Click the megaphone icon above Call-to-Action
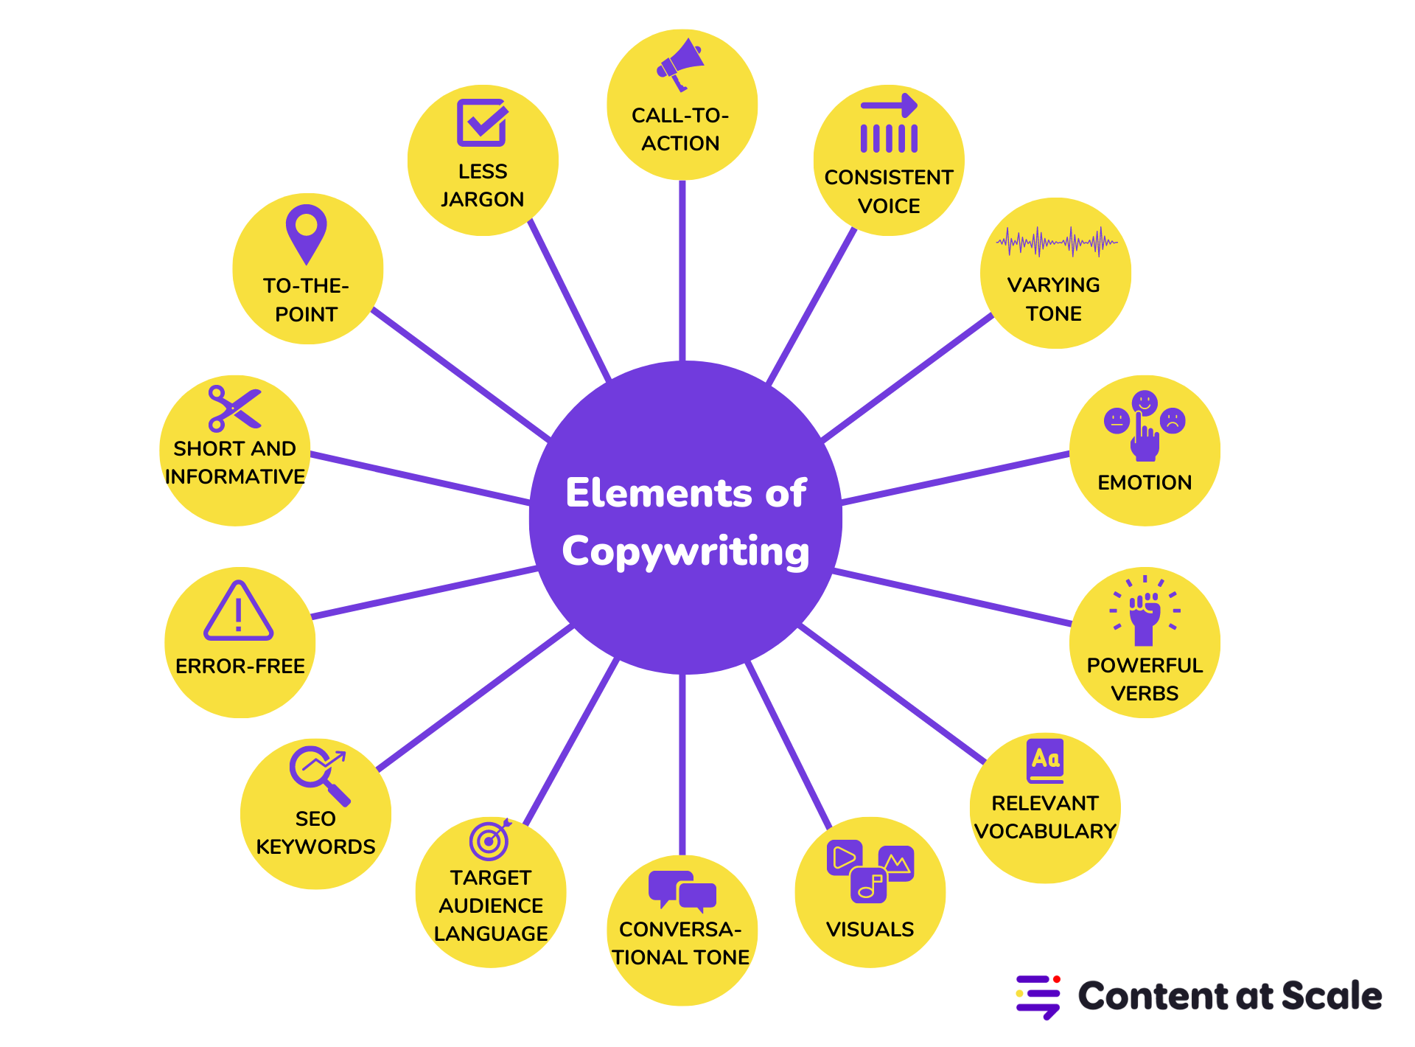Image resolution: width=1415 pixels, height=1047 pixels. tap(679, 65)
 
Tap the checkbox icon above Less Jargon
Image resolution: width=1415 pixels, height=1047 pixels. tap(482, 122)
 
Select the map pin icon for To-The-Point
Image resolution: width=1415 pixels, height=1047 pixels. tap(306, 232)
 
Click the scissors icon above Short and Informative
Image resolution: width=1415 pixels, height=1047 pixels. tap(234, 408)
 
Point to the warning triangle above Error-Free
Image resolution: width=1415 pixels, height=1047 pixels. tap(238, 612)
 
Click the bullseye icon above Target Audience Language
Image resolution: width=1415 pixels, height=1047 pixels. tap(489, 840)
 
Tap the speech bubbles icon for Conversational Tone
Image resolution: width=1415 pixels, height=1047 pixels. tap(682, 891)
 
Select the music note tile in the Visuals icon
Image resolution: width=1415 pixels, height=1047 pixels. tap(869, 885)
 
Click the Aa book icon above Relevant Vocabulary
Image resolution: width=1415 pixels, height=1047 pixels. tap(1045, 760)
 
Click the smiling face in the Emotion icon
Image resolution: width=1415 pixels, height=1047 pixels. tap(1145, 403)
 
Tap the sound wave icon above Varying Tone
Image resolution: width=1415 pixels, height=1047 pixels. tap(1056, 242)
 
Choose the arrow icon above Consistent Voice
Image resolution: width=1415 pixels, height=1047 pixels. tap(889, 105)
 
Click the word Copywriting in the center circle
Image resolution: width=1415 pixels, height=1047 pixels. tap(685, 552)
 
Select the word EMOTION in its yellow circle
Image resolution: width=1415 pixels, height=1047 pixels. tap(1145, 482)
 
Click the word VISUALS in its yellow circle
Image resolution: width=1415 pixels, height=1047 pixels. tap(870, 929)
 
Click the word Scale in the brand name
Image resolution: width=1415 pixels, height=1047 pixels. tap(1332, 996)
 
